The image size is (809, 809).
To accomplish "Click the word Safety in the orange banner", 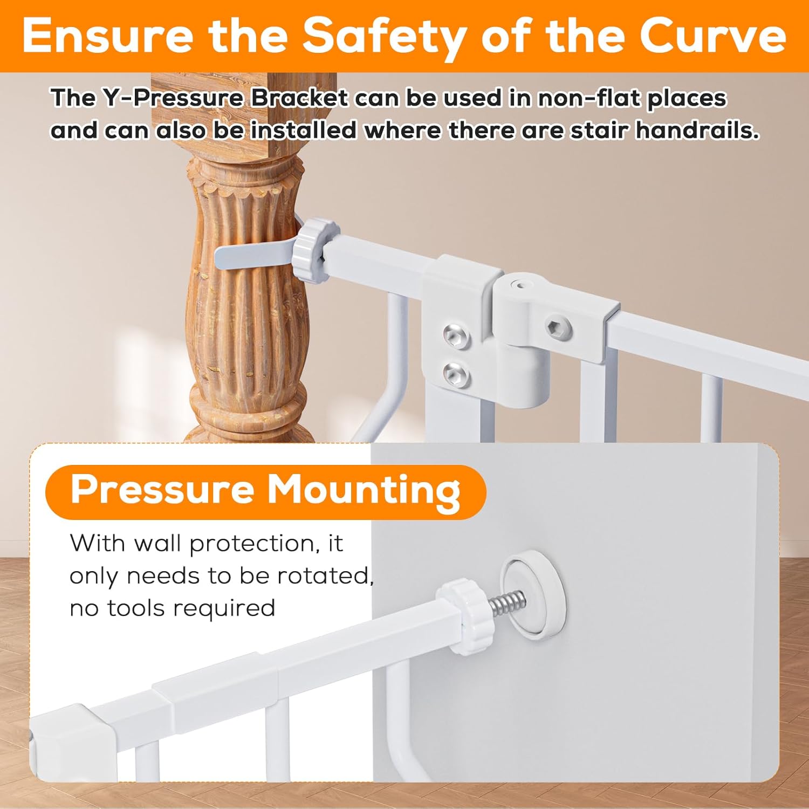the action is pos(384,36).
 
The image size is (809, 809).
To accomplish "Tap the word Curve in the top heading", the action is pos(713,35).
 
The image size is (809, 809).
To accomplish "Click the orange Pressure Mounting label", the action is pos(265,491).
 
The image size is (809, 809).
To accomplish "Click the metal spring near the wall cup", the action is pos(508,602).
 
